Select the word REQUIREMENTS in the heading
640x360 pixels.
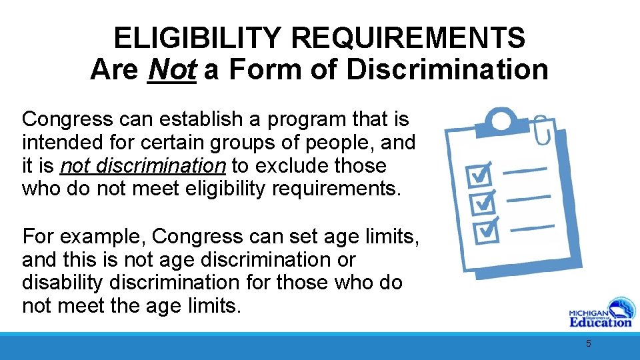[408, 39]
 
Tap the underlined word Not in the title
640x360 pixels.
[172, 69]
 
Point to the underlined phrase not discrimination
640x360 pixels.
[143, 165]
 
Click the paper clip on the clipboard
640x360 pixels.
[541, 131]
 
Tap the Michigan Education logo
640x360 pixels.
[599, 311]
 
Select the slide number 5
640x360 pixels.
[588, 344]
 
